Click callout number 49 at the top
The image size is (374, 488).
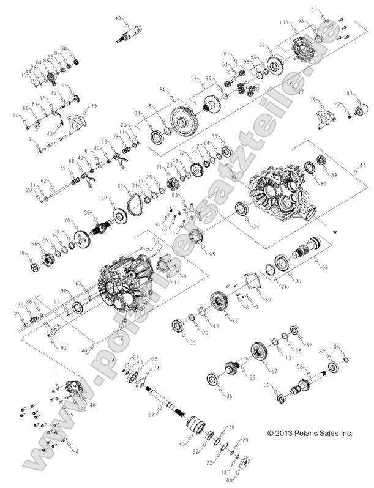tap(119, 18)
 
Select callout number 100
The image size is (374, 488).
tap(283, 23)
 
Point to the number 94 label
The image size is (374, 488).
tap(163, 90)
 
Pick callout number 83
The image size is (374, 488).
tap(350, 94)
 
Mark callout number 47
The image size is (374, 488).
tap(362, 165)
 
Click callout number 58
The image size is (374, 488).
tap(300, 366)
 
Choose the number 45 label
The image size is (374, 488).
tap(181, 443)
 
